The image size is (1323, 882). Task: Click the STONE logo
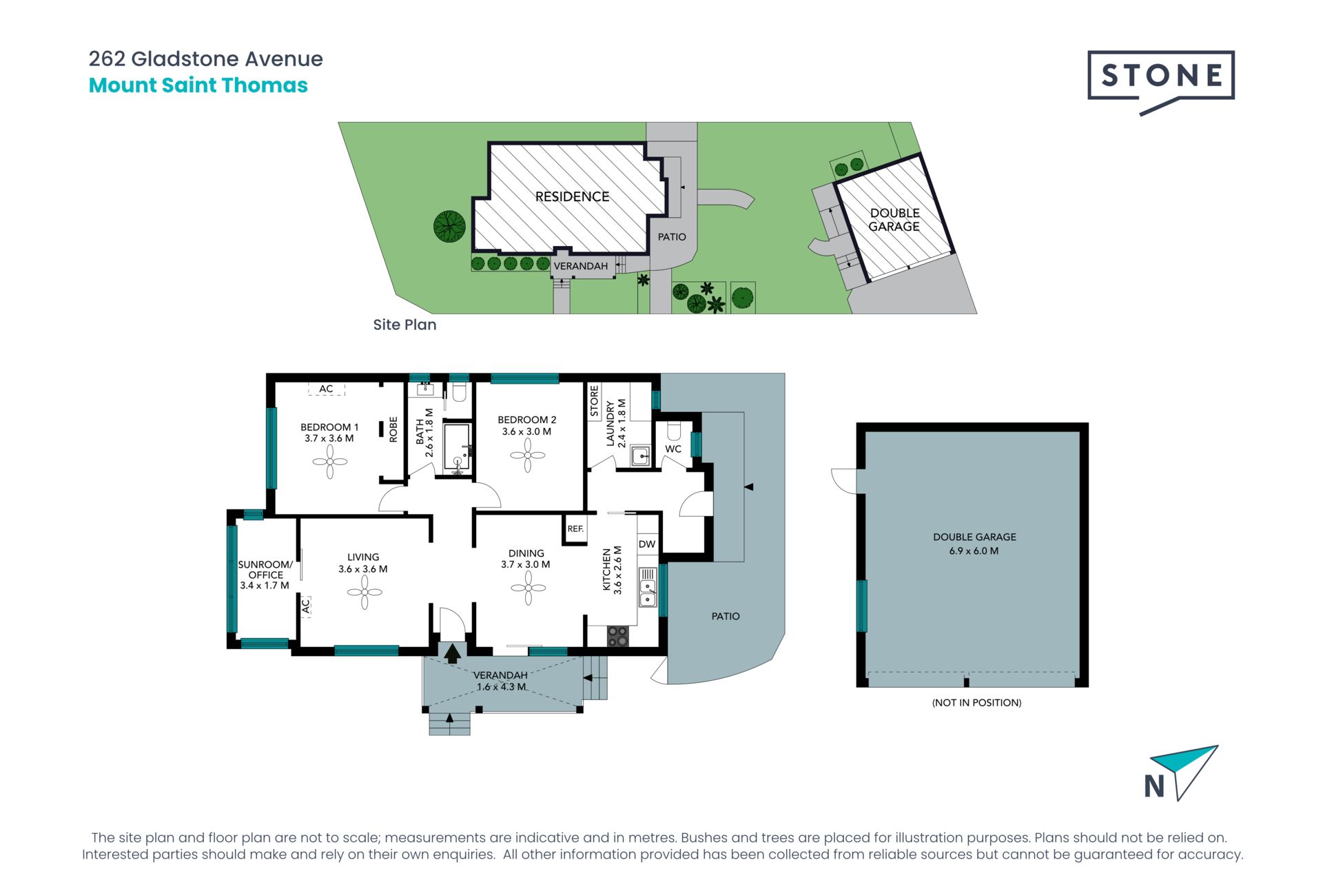(x=1161, y=81)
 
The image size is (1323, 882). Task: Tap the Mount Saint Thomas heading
(x=198, y=85)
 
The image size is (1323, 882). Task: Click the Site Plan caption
(x=404, y=325)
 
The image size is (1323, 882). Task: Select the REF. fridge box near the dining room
(x=575, y=529)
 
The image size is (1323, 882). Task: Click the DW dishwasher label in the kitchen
(x=647, y=544)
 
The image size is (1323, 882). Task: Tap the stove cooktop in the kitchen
(x=617, y=636)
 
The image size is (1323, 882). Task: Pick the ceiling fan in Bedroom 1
(x=330, y=462)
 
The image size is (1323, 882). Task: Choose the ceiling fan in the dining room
(x=529, y=588)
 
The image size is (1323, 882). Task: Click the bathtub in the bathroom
(x=457, y=447)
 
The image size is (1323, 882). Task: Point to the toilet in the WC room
(x=674, y=431)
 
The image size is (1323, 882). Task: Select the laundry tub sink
(x=641, y=456)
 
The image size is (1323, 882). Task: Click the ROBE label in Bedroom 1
(x=393, y=429)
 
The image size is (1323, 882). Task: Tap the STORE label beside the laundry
(x=594, y=401)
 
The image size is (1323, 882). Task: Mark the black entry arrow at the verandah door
(x=453, y=653)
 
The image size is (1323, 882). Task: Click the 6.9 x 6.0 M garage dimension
(x=974, y=551)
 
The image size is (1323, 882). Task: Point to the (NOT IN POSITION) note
(x=976, y=703)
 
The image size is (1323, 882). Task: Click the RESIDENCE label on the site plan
(x=573, y=197)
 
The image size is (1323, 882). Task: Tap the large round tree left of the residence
(x=450, y=226)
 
